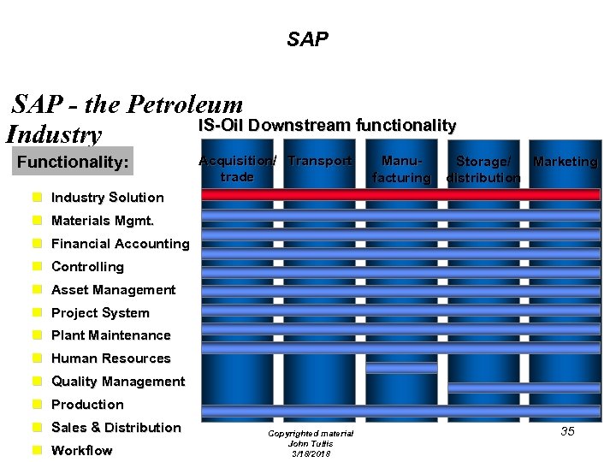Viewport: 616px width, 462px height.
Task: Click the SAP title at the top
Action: pos(307,38)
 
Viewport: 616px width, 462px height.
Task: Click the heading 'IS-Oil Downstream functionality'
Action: pos(328,126)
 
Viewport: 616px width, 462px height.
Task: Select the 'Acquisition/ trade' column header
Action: pos(237,169)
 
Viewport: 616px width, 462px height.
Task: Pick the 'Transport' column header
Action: pos(320,161)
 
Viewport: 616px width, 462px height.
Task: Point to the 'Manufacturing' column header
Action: pos(401,169)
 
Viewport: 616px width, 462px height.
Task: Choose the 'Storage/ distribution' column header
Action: pos(483,169)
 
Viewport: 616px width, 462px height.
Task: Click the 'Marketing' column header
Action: pos(565,161)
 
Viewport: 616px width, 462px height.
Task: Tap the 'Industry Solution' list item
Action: pos(107,198)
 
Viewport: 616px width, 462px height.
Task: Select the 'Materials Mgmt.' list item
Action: pos(103,221)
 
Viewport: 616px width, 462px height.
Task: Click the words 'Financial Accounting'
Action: pos(120,244)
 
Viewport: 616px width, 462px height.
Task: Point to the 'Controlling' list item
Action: pos(87,267)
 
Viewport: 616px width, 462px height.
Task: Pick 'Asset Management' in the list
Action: pos(113,290)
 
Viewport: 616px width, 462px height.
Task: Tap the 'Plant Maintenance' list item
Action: pos(110,335)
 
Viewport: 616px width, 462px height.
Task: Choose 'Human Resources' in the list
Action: pos(110,358)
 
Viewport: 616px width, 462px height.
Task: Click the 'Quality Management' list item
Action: pos(117,382)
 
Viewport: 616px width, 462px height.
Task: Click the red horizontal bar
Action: pos(400,195)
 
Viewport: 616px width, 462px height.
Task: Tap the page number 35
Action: pos(567,431)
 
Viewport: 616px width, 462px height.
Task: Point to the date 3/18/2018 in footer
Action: pos(310,453)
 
